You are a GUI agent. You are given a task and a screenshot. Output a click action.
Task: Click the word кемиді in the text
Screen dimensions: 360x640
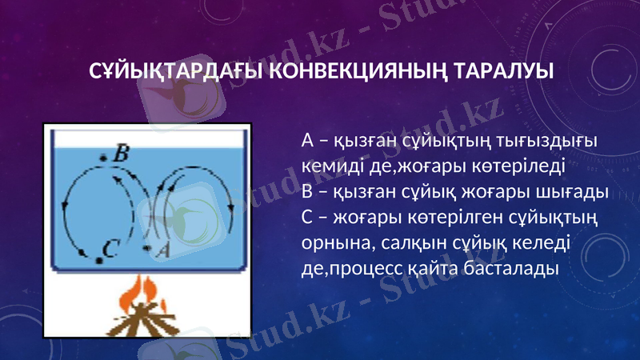click(x=327, y=166)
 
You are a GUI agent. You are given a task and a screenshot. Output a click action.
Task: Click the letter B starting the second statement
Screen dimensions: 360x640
click(x=307, y=192)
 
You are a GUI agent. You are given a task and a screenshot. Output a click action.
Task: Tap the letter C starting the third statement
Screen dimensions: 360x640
click(x=307, y=217)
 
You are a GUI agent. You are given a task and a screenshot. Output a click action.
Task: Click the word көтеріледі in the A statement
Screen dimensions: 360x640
click(x=519, y=166)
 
